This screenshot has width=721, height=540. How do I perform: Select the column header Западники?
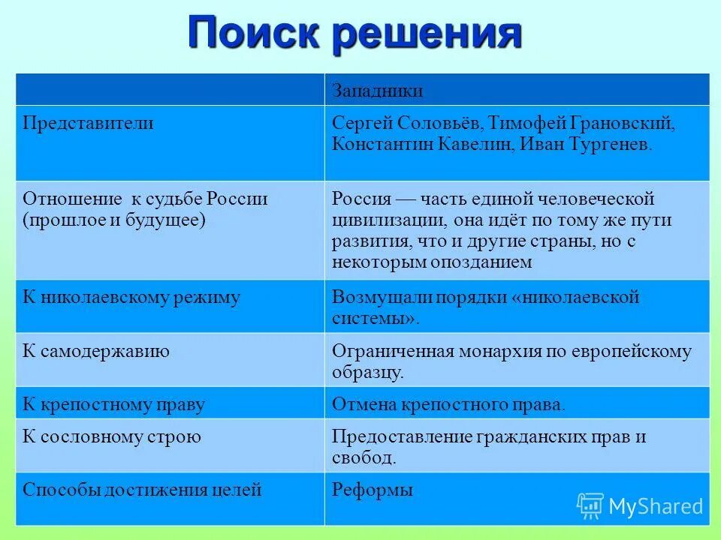point(378,91)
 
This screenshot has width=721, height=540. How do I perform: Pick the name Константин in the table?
point(383,144)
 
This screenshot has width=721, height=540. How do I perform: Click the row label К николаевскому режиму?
point(131,298)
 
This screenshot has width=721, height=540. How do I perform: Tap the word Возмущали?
point(376,298)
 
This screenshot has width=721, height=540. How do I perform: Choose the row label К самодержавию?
point(96,351)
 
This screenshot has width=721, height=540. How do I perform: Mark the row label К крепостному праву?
point(113,405)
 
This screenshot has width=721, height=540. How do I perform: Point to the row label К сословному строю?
point(112,437)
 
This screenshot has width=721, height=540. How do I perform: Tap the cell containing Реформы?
point(373,491)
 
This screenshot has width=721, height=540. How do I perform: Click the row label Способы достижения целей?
point(142,491)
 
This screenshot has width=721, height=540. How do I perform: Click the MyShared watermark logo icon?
point(590,506)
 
